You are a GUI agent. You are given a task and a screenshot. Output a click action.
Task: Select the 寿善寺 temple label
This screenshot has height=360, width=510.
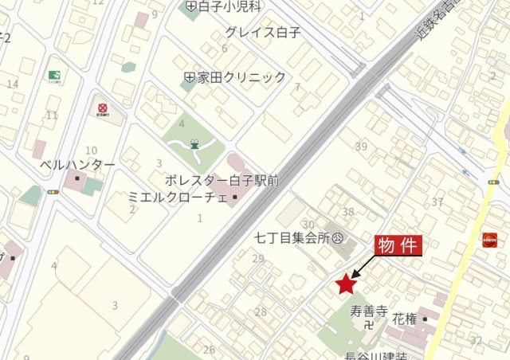[x=368, y=311]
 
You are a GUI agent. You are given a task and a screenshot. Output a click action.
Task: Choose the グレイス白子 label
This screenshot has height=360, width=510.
[x=263, y=33]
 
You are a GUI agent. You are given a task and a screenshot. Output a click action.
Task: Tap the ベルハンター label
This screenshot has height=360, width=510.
[x=77, y=166]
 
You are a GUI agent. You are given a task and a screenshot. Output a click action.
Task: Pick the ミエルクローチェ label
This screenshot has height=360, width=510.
[x=178, y=196]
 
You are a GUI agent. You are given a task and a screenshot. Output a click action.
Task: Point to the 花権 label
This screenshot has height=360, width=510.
[x=406, y=319]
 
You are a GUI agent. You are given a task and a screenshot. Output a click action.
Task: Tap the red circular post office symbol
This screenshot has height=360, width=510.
[x=103, y=108]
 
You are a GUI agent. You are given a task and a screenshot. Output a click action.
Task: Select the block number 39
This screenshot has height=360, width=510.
[x=361, y=146]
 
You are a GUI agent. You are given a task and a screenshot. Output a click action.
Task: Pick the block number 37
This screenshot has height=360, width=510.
[x=437, y=202]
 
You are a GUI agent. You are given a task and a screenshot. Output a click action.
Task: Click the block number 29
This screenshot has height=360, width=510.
[x=257, y=258]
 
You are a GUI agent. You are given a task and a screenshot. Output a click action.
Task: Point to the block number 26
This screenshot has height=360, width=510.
[x=209, y=349]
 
